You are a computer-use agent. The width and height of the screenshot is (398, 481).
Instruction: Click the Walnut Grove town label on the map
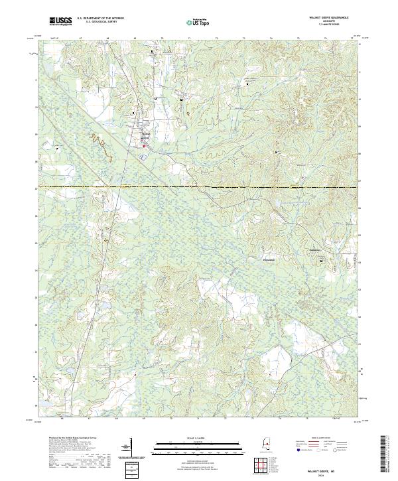(147, 133)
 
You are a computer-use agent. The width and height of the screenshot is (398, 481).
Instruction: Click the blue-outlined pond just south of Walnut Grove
(143, 157)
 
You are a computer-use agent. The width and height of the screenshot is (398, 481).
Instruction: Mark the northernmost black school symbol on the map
(152, 51)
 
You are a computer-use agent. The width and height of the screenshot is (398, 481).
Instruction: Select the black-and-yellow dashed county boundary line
(199, 188)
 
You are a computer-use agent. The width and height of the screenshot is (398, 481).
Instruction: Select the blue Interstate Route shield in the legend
(299, 449)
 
